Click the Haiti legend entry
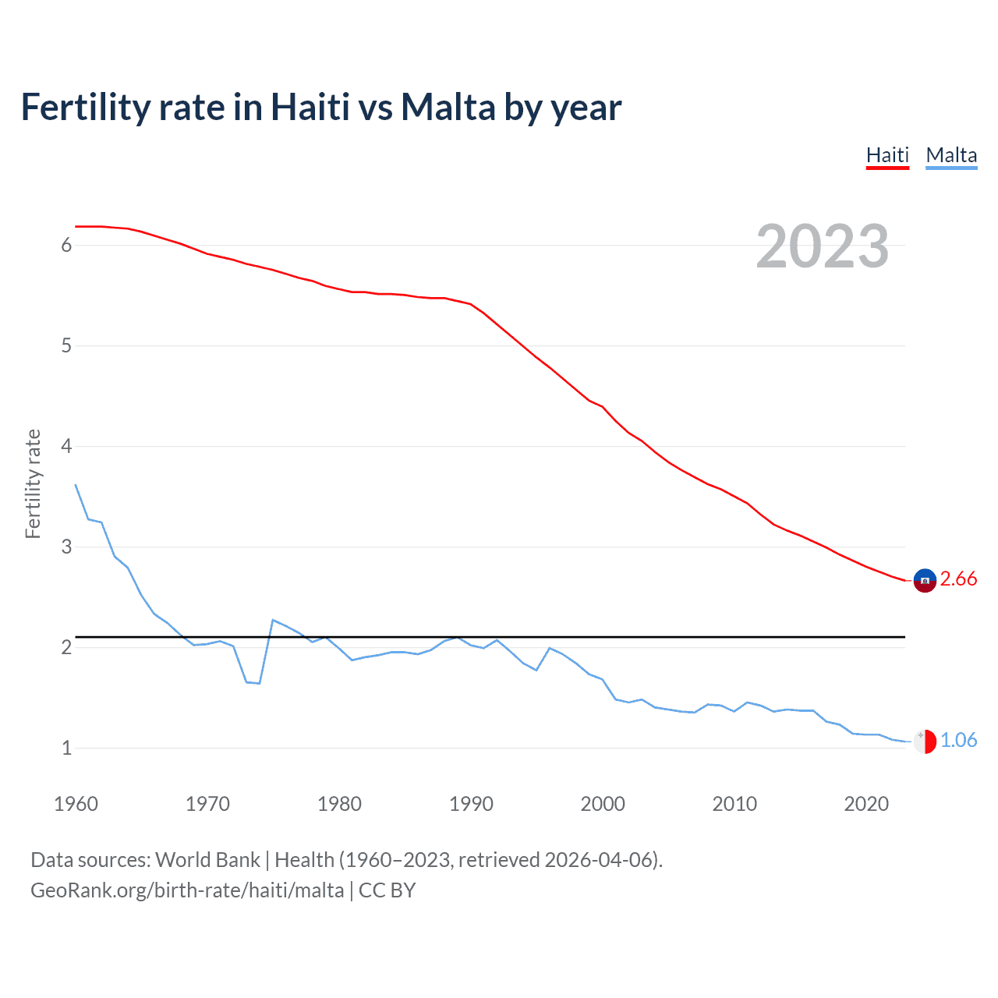point(887,155)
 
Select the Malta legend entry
point(951,155)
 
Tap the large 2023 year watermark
point(822,246)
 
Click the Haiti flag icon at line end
point(925,580)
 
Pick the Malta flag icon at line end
point(925,741)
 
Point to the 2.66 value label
point(958,579)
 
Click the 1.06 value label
point(958,740)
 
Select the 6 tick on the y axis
point(66,246)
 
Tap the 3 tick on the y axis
point(66,547)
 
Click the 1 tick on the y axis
point(66,748)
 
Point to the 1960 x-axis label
point(76,804)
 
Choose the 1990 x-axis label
point(471,804)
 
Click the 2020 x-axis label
point(866,804)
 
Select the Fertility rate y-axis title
point(33,483)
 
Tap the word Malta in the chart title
point(448,107)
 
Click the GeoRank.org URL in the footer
point(187,890)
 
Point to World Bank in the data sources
point(207,860)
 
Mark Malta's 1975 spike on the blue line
point(273,620)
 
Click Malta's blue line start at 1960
point(76,485)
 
